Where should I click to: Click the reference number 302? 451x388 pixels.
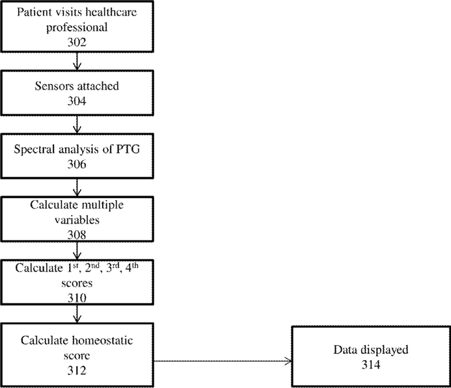point(77,42)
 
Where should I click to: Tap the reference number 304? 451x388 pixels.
point(77,101)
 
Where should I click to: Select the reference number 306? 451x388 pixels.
point(77,164)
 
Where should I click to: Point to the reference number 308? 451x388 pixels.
point(77,235)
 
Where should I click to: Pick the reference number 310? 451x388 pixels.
point(77,298)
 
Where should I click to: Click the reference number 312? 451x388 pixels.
point(77,370)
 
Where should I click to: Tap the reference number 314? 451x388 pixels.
point(371,365)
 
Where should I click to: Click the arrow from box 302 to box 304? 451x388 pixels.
point(77,61)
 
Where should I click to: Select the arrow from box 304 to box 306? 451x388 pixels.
point(77,125)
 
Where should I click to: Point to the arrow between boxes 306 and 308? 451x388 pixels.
point(77,188)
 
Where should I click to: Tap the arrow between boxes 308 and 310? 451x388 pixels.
point(77,251)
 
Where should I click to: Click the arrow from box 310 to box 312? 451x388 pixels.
point(77,314)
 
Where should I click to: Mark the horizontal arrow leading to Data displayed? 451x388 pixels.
point(223,361)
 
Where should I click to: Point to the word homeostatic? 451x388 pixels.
point(102,341)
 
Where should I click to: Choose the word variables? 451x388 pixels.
point(77,220)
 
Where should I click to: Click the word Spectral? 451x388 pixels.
point(34,149)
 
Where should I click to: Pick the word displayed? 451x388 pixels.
point(385,350)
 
